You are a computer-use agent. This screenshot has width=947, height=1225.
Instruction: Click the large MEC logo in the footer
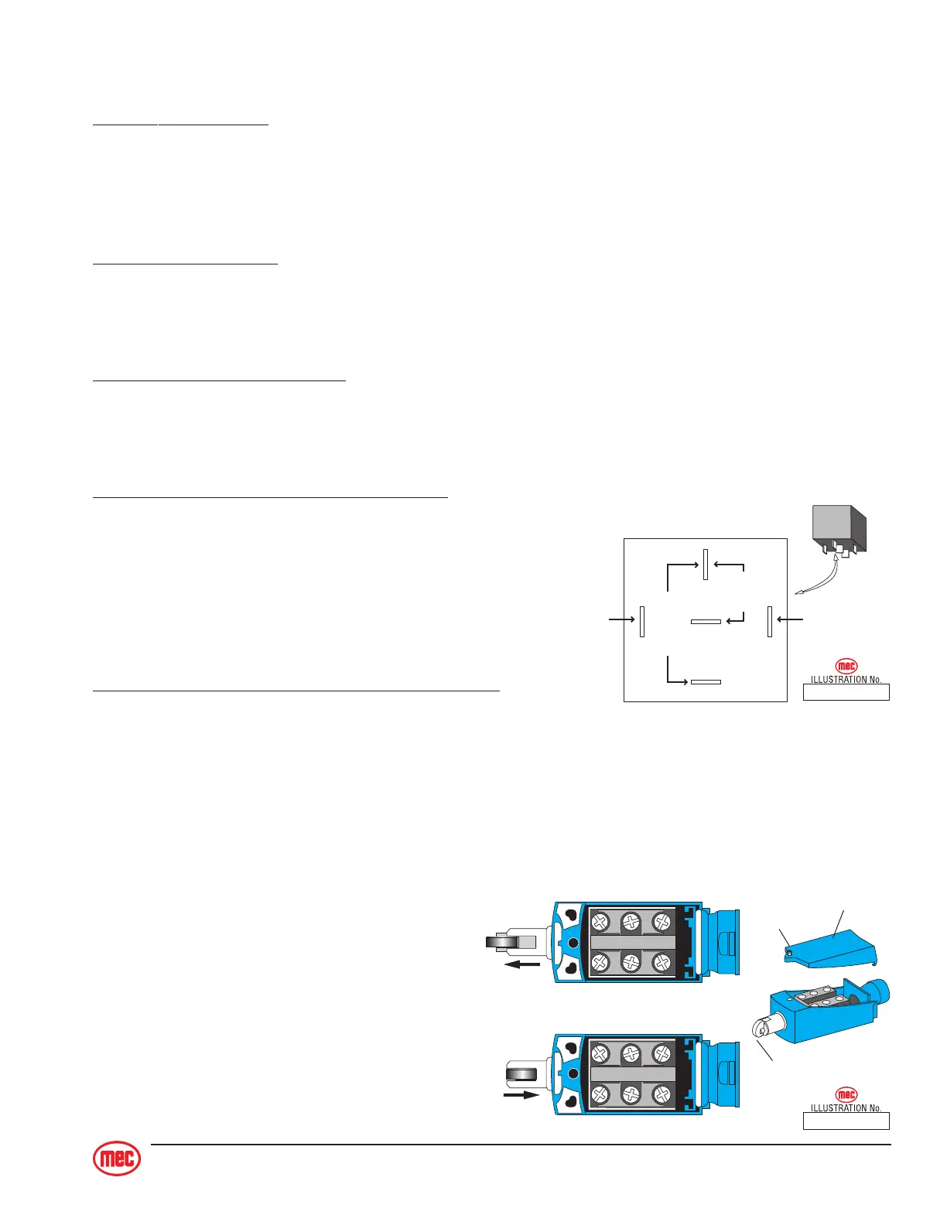click(117, 1158)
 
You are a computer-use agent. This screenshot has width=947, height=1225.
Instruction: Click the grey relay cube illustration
click(839, 530)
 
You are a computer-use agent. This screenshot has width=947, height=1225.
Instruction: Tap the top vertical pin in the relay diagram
click(706, 564)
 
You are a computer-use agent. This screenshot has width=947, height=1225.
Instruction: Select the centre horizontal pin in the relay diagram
click(706, 621)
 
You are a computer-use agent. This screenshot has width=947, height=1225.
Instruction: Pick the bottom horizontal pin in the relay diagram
click(706, 682)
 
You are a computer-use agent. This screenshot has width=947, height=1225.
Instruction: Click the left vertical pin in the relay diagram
click(642, 621)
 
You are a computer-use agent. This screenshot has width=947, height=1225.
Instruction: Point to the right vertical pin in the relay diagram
click(770, 621)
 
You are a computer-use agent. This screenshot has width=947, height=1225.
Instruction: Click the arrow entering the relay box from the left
click(621, 619)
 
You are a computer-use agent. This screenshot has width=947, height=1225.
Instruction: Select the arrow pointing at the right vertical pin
click(790, 619)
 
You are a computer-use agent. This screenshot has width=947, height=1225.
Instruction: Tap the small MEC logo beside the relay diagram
click(846, 666)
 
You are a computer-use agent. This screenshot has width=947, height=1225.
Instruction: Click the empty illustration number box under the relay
click(846, 692)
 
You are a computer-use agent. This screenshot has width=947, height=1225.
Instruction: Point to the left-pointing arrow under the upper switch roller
click(522, 964)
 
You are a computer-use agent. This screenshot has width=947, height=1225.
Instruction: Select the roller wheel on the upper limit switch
click(502, 942)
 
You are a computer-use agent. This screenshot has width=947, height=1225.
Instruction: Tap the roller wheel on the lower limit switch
click(522, 1073)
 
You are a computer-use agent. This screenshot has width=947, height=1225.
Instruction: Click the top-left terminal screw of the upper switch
click(600, 922)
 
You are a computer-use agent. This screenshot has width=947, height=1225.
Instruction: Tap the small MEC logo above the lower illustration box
click(846, 1094)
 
